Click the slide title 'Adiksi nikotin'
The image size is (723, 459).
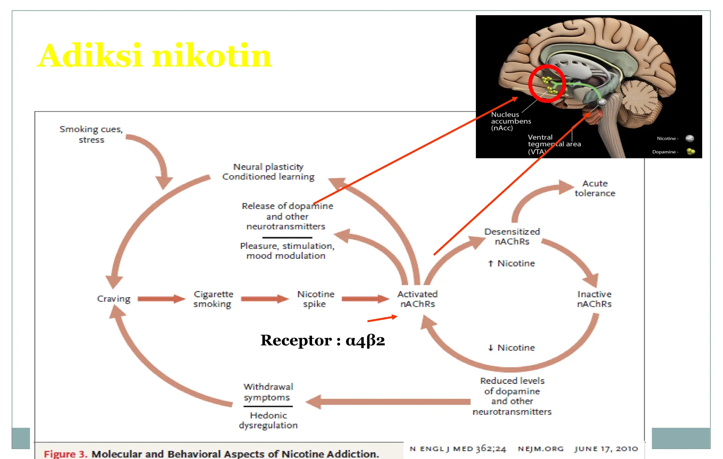[154, 56]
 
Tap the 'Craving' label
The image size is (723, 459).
[114, 299]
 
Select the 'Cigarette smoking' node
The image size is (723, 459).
[213, 299]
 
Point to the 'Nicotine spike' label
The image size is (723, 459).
[315, 299]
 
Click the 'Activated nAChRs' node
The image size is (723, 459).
[417, 299]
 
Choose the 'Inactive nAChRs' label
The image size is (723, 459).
[594, 299]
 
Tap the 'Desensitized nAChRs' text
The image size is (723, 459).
[512, 237]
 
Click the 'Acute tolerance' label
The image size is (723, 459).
[595, 188]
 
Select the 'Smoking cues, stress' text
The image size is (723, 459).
[91, 134]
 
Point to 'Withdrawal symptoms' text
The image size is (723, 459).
[268, 392]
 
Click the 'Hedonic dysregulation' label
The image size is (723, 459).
[268, 420]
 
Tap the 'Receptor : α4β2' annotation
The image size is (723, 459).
[322, 340]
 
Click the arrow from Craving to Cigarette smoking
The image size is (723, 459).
[161, 299]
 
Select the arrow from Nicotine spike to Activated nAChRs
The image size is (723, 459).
[365, 299]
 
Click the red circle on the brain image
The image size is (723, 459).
[547, 83]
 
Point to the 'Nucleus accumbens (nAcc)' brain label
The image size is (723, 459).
[510, 121]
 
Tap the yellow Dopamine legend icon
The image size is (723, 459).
[691, 151]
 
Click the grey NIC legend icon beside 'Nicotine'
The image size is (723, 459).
[689, 138]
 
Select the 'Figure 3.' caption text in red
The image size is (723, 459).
[65, 454]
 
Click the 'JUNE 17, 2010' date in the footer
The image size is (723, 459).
[606, 449]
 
